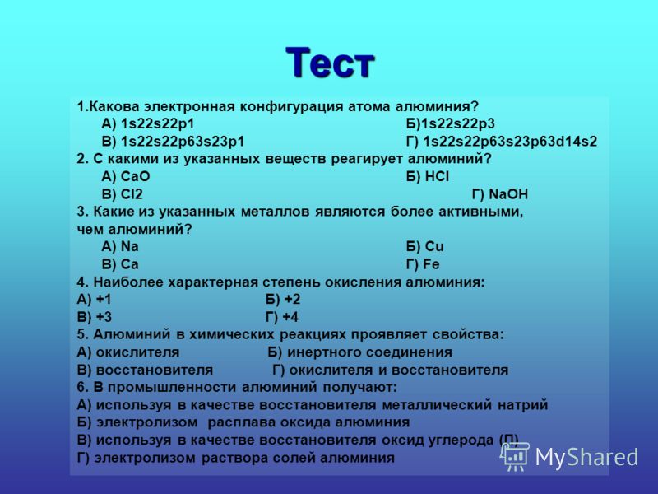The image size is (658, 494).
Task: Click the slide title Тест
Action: click(x=330, y=63)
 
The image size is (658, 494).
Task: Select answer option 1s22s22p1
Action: click(x=157, y=124)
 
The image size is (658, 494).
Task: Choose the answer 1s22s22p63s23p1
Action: click(x=183, y=142)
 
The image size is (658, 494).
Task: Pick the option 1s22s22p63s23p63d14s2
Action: click(x=510, y=142)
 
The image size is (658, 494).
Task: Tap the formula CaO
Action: click(x=135, y=176)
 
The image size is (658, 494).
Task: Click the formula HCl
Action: click(x=437, y=176)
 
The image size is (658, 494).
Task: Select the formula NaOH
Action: click(x=508, y=194)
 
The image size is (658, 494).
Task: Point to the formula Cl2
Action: click(x=132, y=194)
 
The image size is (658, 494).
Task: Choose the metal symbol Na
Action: click(x=129, y=246)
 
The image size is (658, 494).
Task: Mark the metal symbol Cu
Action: click(x=434, y=246)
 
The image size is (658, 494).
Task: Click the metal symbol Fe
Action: click(x=431, y=264)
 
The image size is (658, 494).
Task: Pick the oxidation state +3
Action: click(x=104, y=317)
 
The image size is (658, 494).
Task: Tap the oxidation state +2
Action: click(x=293, y=299)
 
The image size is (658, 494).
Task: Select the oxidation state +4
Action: click(x=290, y=317)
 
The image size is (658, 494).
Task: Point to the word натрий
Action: click(x=523, y=405)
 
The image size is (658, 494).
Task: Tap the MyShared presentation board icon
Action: click(x=515, y=457)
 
